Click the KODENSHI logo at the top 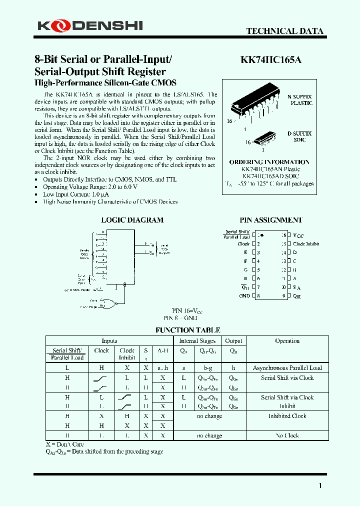pyautogui.click(x=90, y=25)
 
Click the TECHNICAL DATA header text pyautogui.click(x=284, y=31)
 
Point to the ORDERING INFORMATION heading pyautogui.click(x=269, y=162)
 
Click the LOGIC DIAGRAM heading pyautogui.click(x=132, y=220)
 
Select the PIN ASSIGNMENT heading pyautogui.click(x=270, y=220)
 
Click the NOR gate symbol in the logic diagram pyautogui.click(x=107, y=303)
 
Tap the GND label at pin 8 pyautogui.click(x=244, y=296)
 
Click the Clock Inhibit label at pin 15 pyautogui.click(x=306, y=244)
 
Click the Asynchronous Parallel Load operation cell pyautogui.click(x=287, y=368)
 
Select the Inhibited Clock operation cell pyautogui.click(x=287, y=416)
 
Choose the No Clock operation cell pyautogui.click(x=287, y=435)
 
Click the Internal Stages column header pyautogui.click(x=197, y=341)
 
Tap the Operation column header pyautogui.click(x=287, y=341)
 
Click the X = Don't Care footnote pyautogui.click(x=65, y=444)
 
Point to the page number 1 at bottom pyautogui.click(x=320, y=485)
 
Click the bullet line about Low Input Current pyautogui.click(x=76, y=194)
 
